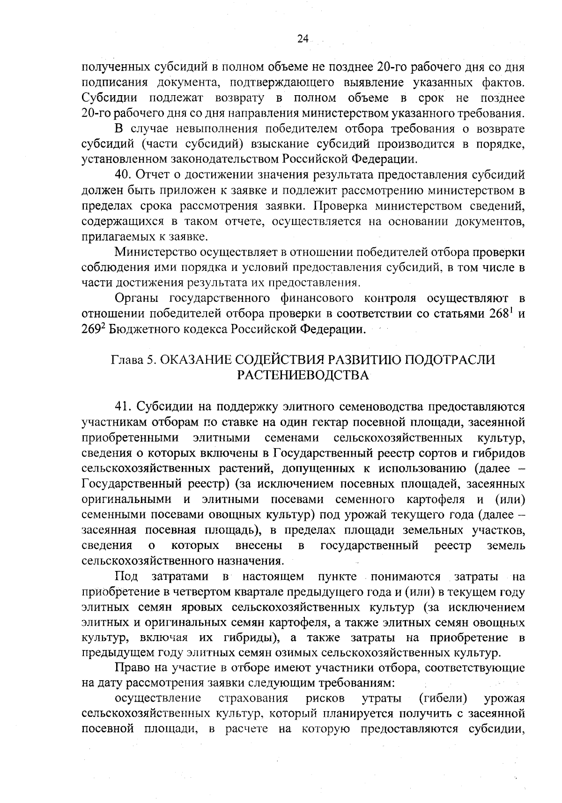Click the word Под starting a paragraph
pos(126,576)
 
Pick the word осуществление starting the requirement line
pos(158,698)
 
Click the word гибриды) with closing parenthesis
pos(251,638)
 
